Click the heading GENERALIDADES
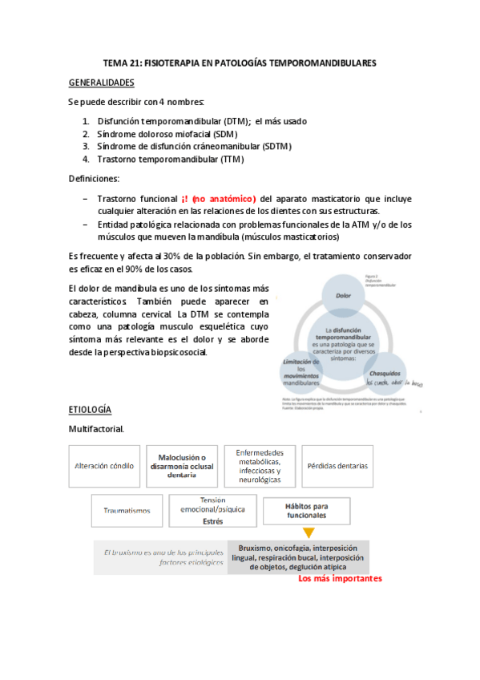click(102, 83)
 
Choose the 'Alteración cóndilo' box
click(104, 466)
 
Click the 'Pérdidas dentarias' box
click(337, 466)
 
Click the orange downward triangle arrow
click(309, 531)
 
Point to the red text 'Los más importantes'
click(340, 577)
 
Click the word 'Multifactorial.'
click(96, 429)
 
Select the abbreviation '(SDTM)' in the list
click(275, 147)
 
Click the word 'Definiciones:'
click(94, 179)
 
